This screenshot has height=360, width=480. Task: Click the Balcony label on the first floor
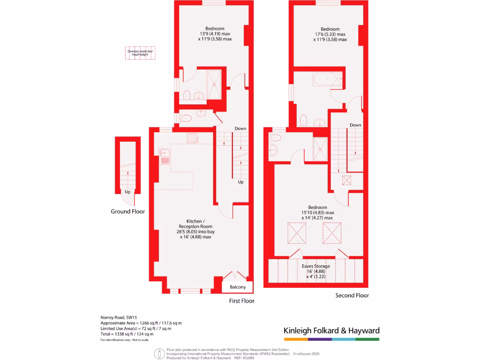click(x=238, y=287)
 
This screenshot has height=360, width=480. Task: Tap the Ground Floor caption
click(x=127, y=211)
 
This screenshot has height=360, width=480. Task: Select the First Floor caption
click(x=241, y=301)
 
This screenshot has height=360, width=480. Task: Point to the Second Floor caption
click(x=352, y=295)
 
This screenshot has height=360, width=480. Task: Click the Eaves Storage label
click(x=315, y=266)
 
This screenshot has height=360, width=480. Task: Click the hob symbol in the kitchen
click(x=192, y=138)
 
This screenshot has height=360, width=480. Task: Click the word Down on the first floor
click(x=240, y=128)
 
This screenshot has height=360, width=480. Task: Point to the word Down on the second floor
click(x=355, y=125)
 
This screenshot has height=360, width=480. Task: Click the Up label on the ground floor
click(x=127, y=192)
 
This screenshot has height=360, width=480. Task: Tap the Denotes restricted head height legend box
click(x=140, y=52)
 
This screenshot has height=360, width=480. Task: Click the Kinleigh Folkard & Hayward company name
click(x=331, y=330)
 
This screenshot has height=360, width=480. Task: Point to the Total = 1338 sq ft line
click(x=127, y=334)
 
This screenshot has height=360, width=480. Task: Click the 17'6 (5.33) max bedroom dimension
click(x=330, y=34)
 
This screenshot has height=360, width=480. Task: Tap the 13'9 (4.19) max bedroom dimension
click(x=215, y=34)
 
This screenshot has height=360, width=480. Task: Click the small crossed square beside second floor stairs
click(x=347, y=180)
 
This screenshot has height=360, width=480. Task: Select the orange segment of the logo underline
click(x=296, y=339)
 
